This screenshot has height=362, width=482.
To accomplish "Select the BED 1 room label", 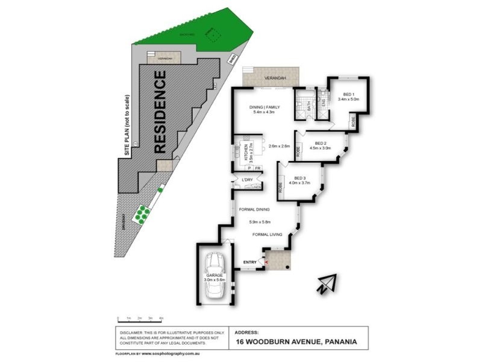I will (x=348, y=94).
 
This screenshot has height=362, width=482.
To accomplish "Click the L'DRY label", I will (x=246, y=181).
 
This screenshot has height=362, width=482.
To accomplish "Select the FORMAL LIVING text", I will (x=269, y=234).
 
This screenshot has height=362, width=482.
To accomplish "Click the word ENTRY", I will (x=249, y=262).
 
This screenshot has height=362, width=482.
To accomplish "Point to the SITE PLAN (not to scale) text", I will (x=127, y=127).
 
